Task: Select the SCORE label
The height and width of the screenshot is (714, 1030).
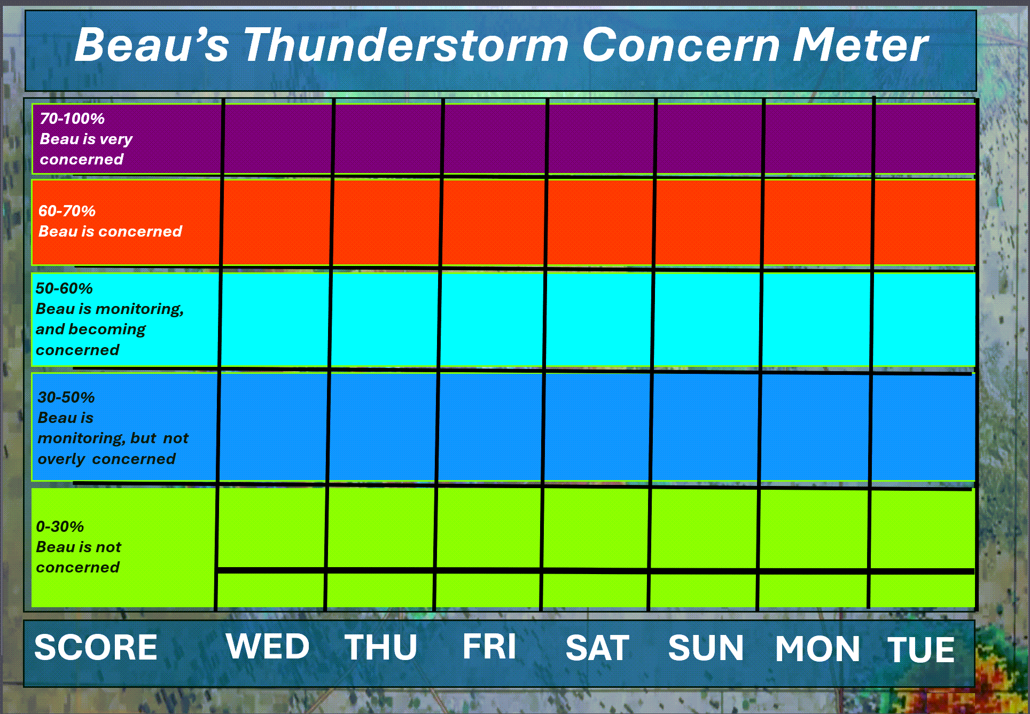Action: pos(96,647)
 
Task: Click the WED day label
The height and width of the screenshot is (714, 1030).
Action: pos(268,646)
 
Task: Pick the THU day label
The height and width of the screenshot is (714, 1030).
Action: pos(381,647)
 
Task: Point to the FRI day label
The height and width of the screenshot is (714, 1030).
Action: pos(489,647)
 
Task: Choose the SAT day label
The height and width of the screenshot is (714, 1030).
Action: pos(597,648)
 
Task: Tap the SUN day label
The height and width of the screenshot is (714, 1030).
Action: pos(706,648)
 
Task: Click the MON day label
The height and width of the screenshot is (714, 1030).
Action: pos(818,649)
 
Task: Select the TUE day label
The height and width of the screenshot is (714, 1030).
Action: pos(921,649)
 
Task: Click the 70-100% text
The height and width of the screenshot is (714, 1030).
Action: pos(72,119)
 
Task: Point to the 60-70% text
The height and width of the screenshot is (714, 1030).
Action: pos(67,211)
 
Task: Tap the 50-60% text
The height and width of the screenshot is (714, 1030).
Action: pos(64,288)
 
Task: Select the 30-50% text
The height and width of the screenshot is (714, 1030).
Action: pos(66,397)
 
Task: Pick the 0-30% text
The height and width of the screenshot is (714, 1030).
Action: pos(60,527)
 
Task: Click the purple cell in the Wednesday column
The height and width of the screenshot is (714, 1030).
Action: pos(278,139)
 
